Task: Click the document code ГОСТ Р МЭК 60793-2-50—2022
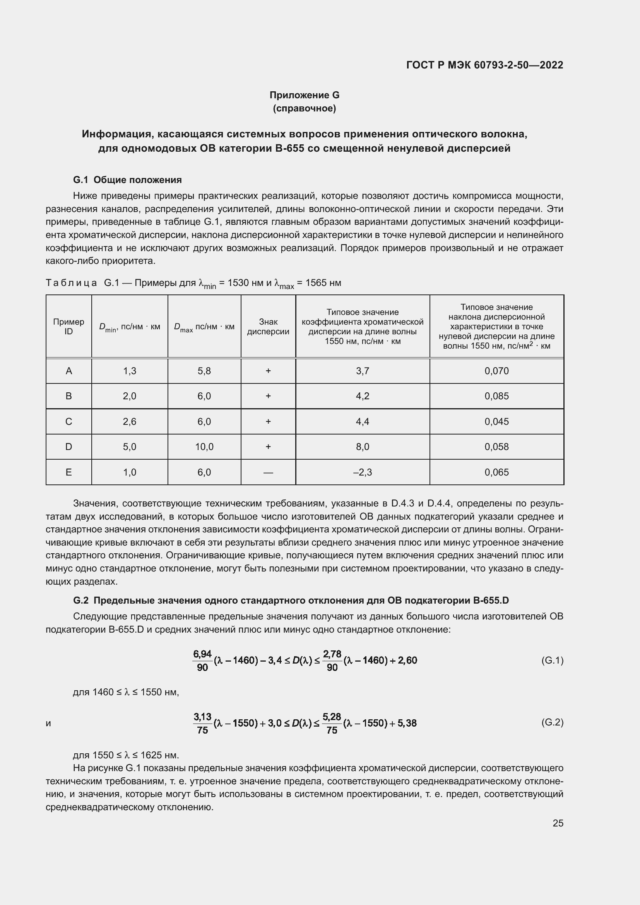(x=484, y=65)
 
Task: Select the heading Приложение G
(x=304, y=95)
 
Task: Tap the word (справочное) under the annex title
(x=304, y=108)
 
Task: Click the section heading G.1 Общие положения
(x=127, y=180)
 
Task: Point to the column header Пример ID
(x=68, y=327)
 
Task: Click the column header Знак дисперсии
(x=268, y=327)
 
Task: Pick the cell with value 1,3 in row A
(x=130, y=371)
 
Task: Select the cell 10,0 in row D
(x=204, y=447)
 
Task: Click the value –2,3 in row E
(x=362, y=472)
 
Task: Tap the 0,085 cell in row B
(x=496, y=396)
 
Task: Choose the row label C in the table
(x=68, y=421)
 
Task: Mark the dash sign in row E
(x=268, y=472)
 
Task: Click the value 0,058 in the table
(x=496, y=447)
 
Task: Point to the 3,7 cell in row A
(x=362, y=371)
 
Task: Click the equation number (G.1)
(x=552, y=660)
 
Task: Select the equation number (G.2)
(x=552, y=722)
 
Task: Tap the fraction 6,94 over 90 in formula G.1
(x=202, y=660)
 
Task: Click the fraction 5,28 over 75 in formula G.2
(x=332, y=723)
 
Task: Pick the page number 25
(x=558, y=823)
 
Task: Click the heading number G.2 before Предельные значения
(x=81, y=600)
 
